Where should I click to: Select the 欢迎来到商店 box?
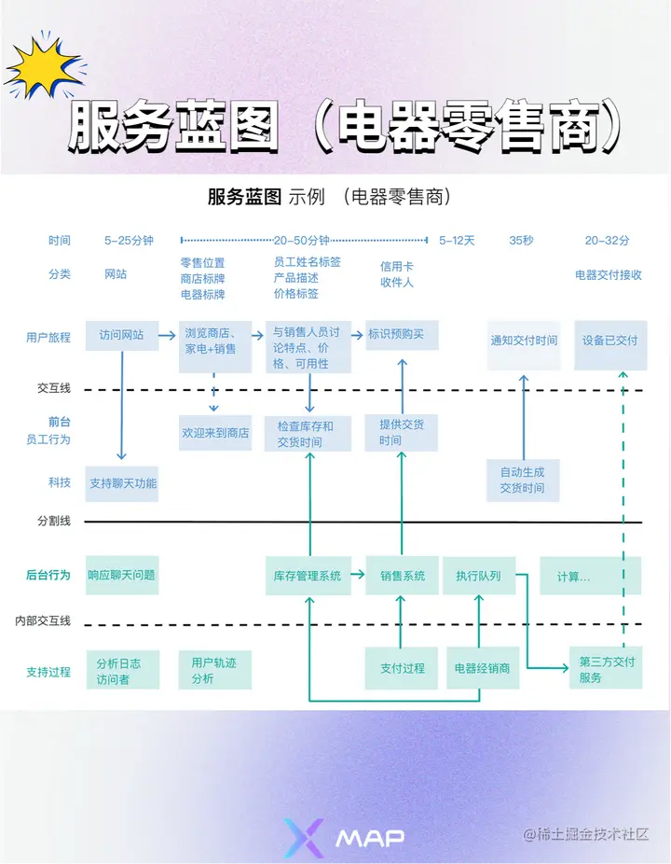215,433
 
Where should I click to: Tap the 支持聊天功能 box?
123,483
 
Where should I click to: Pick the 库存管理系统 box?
308,576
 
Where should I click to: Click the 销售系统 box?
402,576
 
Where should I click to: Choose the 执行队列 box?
478,576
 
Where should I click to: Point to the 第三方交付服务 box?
607,669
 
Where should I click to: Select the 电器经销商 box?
482,668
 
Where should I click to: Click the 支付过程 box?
402,668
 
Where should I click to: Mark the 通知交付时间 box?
524,341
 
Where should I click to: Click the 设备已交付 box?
610,341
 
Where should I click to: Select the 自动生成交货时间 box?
522,480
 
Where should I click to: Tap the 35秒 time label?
522,241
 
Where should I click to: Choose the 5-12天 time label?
457,241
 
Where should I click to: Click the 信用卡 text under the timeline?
396,266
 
